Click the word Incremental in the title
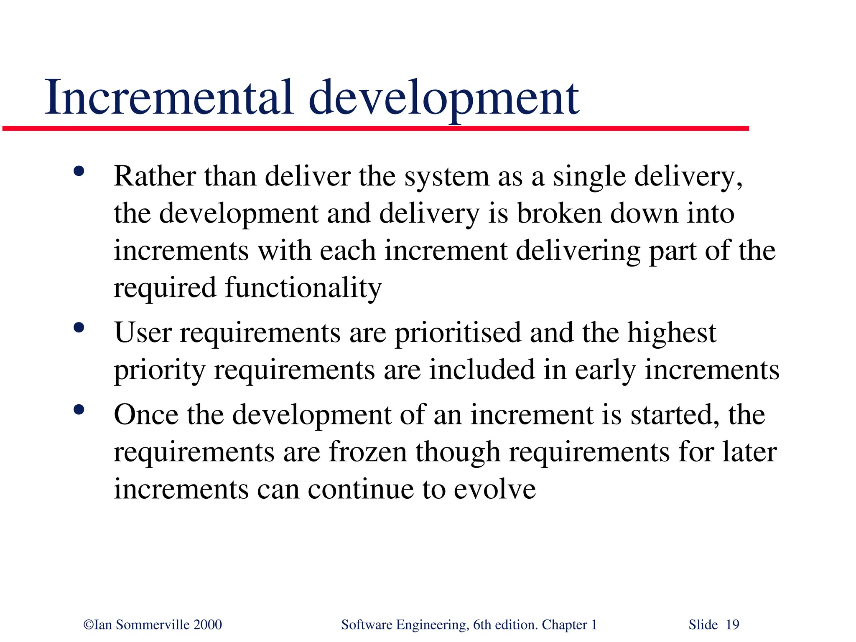point(169,98)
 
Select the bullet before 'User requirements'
point(79,327)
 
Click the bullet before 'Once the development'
point(79,409)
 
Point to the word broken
point(559,213)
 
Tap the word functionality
point(303,288)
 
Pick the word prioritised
point(458,333)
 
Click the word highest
point(672,333)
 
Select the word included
point(482,370)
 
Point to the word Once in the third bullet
point(146,415)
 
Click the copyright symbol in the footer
point(89,625)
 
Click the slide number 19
point(732,625)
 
